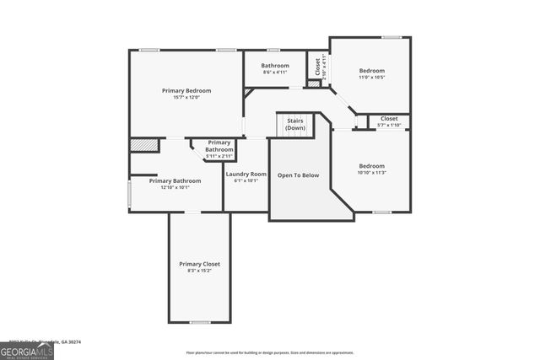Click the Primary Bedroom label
point(186,90)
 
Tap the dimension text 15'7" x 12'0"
point(186,97)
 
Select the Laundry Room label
point(246,174)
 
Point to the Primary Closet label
point(199,264)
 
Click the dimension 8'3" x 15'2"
point(199,271)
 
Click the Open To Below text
point(300,175)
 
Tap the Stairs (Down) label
point(295,124)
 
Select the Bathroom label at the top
point(275,66)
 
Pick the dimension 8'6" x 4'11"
point(275,73)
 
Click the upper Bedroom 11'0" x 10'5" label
point(371,71)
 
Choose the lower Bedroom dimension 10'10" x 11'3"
point(371,173)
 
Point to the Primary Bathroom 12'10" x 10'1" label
point(175,180)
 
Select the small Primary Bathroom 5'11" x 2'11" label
point(219,149)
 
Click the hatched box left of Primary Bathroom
point(144,145)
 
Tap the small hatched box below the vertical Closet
point(314,83)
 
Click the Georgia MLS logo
point(27,352)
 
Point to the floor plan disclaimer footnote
point(270,352)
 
